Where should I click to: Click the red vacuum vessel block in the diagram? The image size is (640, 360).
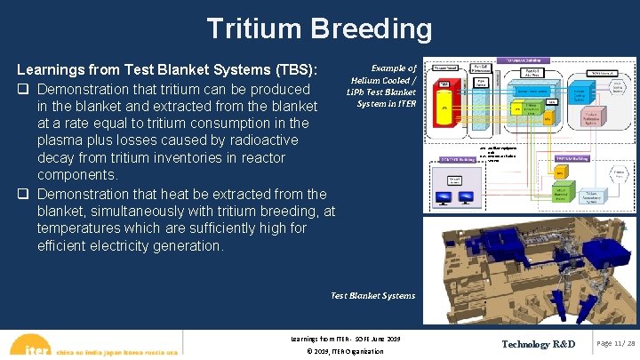tap(443, 103)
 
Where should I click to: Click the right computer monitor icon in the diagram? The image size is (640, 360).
tap(466, 197)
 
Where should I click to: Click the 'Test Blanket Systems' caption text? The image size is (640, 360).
tap(372, 295)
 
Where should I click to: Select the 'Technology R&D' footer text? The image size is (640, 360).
tap(538, 344)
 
